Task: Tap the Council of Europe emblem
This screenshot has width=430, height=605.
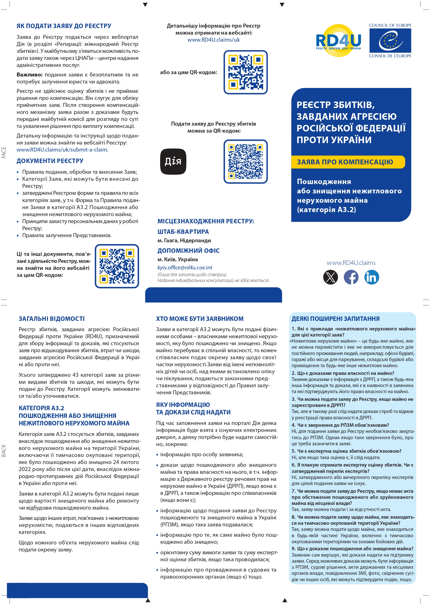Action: click(390, 40)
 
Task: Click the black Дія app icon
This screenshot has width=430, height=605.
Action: click(173, 161)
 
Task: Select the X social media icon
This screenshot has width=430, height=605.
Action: click(331, 277)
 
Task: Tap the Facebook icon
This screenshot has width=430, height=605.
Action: click(351, 277)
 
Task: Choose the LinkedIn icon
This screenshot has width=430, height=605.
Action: click(371, 277)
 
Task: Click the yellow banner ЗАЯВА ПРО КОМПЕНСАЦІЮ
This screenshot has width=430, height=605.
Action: click(348, 162)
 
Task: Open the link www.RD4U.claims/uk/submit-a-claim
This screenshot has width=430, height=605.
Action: click(62, 150)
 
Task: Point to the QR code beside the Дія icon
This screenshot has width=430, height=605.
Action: click(246, 161)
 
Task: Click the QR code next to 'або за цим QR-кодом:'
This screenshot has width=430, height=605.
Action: click(246, 72)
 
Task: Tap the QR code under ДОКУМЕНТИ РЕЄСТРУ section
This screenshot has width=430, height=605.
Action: click(117, 266)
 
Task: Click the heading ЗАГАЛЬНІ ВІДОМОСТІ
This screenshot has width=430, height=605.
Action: click(52, 319)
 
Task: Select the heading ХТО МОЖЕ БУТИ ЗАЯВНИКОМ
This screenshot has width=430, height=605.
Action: click(200, 319)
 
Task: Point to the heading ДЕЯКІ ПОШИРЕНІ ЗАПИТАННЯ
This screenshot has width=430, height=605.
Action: click(335, 319)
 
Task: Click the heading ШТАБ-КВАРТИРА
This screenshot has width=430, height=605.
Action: click(183, 232)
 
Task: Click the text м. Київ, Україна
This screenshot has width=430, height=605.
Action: click(177, 259)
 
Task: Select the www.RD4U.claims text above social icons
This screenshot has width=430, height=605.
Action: click(351, 263)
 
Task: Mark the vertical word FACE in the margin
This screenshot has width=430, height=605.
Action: click(4, 152)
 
